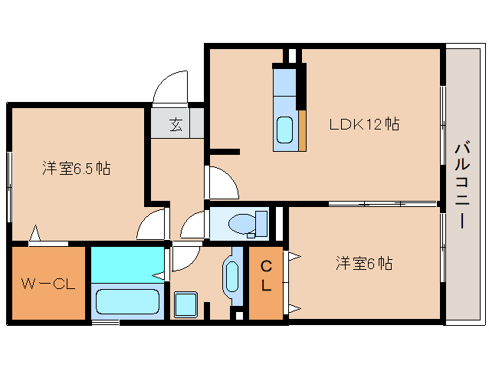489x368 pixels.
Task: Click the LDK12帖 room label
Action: [364, 123]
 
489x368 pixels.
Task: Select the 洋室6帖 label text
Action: [363, 264]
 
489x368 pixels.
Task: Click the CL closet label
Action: [266, 277]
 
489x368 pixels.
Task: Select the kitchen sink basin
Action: [285, 130]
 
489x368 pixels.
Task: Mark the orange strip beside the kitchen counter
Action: [302, 129]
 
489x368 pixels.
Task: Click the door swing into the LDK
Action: [222, 182]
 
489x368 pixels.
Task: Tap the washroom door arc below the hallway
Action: [183, 258]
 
